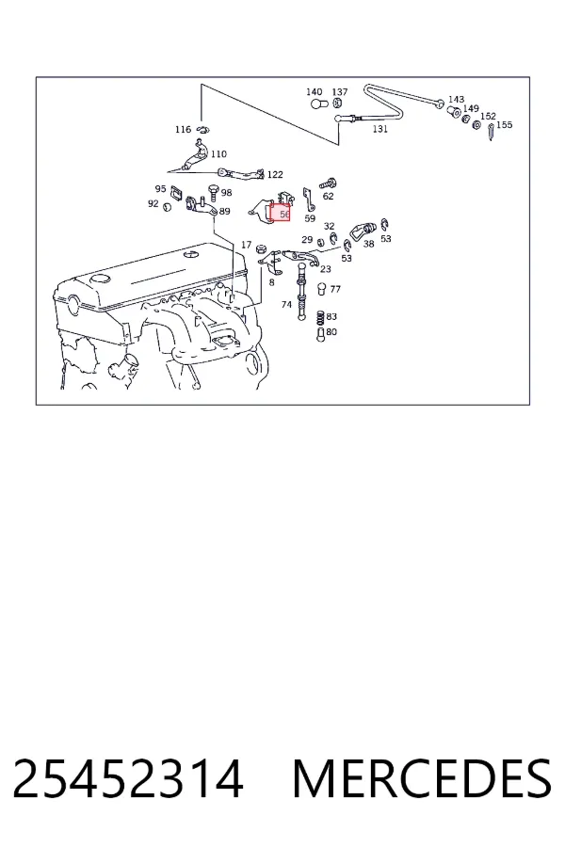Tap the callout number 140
coord(315,92)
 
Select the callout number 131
coord(380,129)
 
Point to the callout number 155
coord(504,125)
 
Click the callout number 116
coord(184,129)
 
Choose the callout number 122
coord(275,174)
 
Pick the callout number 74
coord(286,305)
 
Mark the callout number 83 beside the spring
coord(331,316)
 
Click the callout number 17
coord(246,245)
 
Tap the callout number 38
coord(369,244)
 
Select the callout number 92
coord(153,203)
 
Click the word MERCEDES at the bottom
coord(422,778)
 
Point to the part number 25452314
coord(128,778)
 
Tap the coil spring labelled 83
coord(320,318)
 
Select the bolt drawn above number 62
coord(327,184)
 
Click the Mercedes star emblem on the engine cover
coord(191,254)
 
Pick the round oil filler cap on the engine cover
coord(100,280)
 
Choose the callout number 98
coord(227,192)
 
